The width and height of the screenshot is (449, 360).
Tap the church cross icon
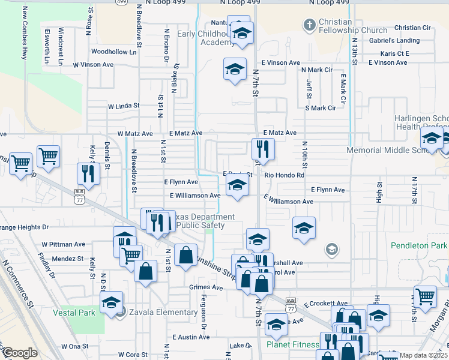(x=309, y=25)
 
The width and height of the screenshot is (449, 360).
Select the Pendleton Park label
(x=419, y=245)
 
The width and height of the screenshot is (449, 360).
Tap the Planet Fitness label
(x=294, y=344)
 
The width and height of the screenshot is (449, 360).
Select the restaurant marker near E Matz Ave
(x=263, y=149)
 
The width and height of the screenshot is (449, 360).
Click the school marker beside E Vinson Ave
(x=235, y=69)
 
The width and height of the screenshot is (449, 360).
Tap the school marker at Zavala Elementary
(x=111, y=302)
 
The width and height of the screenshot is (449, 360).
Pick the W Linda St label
(x=124, y=106)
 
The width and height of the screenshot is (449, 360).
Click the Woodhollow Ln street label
(x=114, y=52)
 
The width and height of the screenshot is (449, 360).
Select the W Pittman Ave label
(x=64, y=244)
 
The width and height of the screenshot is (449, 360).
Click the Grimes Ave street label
(x=206, y=287)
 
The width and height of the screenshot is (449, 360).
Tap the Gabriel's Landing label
(x=394, y=40)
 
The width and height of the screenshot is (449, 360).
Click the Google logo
(x=20, y=353)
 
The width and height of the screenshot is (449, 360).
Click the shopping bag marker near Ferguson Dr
(x=186, y=254)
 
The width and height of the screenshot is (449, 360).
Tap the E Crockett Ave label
(x=325, y=304)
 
